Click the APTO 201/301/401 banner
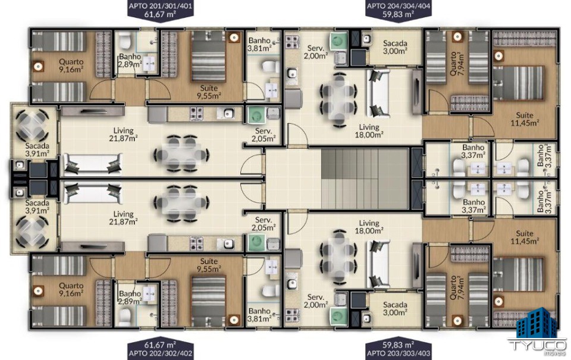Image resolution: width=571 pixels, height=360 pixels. click(x=160, y=10)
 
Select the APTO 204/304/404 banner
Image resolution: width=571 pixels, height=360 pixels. click(x=399, y=10)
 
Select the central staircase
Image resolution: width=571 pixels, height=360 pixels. click(x=365, y=178)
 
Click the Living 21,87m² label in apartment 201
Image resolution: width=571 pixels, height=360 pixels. click(x=124, y=134)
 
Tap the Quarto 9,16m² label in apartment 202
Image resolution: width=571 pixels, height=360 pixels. click(x=71, y=290)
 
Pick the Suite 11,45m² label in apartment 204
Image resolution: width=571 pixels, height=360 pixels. click(x=525, y=119)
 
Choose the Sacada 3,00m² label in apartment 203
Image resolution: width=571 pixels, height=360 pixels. click(x=395, y=308)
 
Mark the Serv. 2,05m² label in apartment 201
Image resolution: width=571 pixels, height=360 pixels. click(x=263, y=135)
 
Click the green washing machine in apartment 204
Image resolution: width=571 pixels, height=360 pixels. click(x=338, y=41)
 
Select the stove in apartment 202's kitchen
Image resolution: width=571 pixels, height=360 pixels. click(x=196, y=243)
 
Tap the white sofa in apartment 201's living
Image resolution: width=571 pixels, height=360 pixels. click(x=93, y=164)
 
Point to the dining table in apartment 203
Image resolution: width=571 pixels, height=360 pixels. click(x=338, y=256)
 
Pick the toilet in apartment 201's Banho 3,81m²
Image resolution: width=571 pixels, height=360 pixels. click(x=270, y=67)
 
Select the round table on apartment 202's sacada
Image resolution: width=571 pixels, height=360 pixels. click(x=32, y=231)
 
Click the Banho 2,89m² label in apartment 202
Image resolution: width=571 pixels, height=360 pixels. click(x=130, y=298)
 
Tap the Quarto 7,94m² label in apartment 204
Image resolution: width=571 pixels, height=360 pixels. click(x=457, y=64)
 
